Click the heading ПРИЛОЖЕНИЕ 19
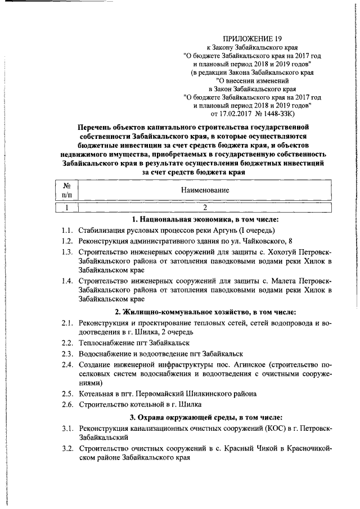coord(251,39)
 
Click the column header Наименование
coord(205,190)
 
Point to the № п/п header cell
coord(66,190)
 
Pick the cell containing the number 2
coord(205,208)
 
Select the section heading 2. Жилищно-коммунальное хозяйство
coord(205,312)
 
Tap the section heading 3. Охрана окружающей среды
coord(205,417)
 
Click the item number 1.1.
coord(67,231)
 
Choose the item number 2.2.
coord(67,343)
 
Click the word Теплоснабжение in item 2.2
coord(106,343)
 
